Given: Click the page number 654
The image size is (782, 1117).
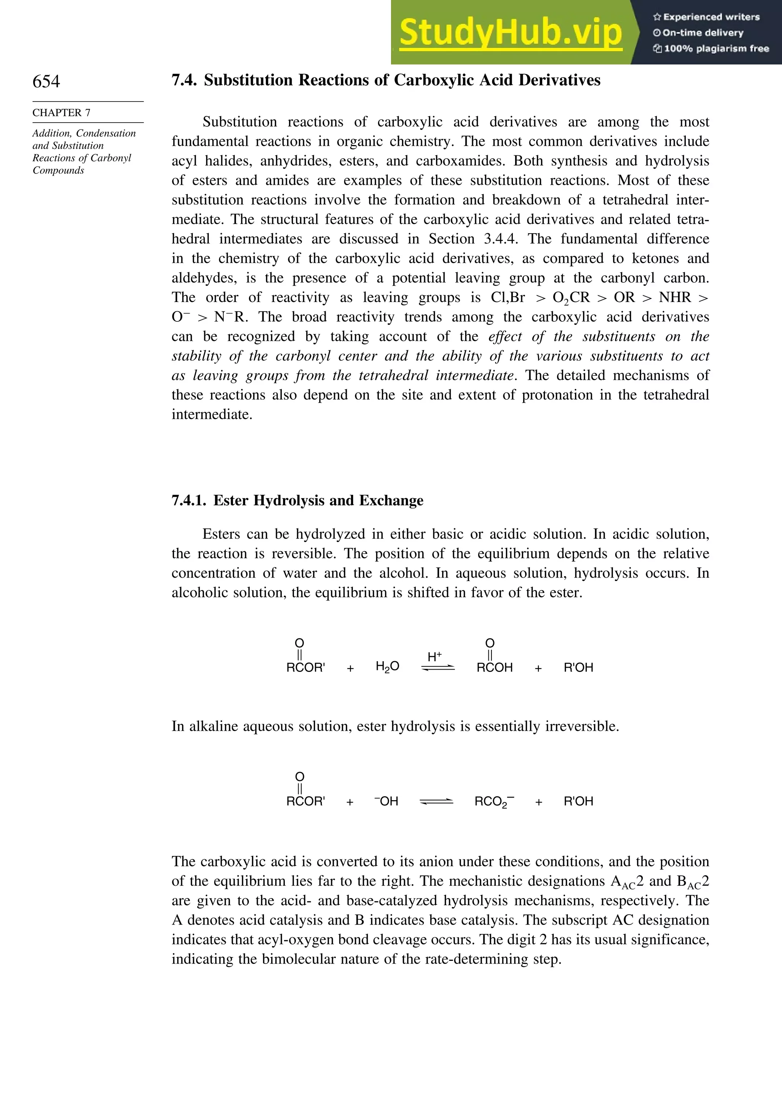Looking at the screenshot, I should click(x=46, y=81).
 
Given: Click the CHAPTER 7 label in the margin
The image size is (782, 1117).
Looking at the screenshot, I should click(x=61, y=113).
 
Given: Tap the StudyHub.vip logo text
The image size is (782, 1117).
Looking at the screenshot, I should click(x=511, y=33).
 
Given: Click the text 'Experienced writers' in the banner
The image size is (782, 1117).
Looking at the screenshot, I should click(x=711, y=17).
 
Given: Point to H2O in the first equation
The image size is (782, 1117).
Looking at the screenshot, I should click(x=387, y=667).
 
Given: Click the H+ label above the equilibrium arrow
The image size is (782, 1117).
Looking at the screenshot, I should click(x=435, y=656).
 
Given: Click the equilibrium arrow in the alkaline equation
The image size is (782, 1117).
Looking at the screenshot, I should click(x=436, y=801).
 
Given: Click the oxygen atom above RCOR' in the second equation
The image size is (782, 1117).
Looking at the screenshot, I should click(x=300, y=776).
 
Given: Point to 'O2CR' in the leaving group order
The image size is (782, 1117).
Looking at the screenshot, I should click(x=571, y=298).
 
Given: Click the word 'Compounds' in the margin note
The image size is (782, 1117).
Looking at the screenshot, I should click(x=58, y=170).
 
